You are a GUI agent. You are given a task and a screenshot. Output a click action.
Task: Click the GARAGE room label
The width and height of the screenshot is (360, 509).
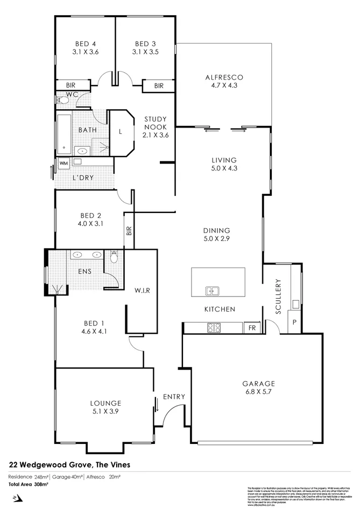258,384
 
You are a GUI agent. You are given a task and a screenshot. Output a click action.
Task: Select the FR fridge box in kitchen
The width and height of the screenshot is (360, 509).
250,327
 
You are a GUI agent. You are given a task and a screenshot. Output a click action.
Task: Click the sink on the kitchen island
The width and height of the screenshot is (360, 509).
211,291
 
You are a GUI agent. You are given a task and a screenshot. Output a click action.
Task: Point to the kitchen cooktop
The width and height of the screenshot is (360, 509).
213,327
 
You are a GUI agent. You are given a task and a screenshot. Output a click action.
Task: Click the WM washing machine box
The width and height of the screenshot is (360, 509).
63,162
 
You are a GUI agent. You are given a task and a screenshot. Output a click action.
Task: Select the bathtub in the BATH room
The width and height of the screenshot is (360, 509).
63,132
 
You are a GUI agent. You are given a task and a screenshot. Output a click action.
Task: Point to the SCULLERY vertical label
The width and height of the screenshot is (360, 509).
278,296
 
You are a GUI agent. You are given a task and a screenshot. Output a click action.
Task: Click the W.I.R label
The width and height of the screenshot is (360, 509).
142,291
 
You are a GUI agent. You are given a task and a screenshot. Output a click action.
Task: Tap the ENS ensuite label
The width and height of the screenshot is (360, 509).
84,271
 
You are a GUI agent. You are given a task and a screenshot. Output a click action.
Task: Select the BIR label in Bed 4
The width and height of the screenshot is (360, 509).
71,85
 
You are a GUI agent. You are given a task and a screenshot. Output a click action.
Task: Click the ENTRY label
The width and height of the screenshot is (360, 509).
174,397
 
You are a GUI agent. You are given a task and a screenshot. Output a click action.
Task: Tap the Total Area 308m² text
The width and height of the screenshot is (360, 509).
28,484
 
